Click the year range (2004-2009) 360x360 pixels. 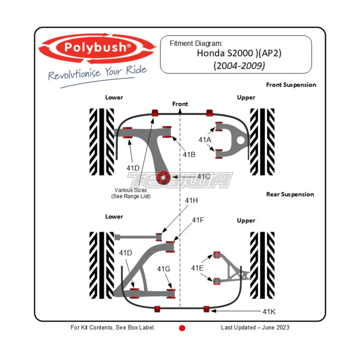point(239,66)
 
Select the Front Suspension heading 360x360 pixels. point(291,85)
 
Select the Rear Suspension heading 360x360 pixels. point(290,194)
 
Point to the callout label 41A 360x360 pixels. point(205,139)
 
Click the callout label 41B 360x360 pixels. point(189,154)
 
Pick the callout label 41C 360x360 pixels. point(204,176)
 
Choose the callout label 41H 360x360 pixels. point(191,201)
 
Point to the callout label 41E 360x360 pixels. point(197,268)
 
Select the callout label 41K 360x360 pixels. point(269,312)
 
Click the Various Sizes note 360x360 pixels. point(131,193)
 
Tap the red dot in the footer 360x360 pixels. point(182,328)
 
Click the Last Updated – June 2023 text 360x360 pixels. point(255,327)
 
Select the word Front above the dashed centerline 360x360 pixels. point(180,104)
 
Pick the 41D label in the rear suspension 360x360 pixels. point(126,253)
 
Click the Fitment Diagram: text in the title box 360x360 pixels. point(196,43)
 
